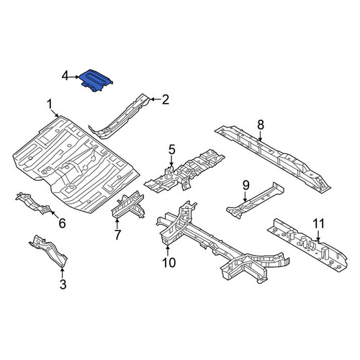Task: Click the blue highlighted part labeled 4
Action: point(96,80)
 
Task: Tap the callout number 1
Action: point(49,105)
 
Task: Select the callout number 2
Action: point(166,99)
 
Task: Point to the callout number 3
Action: point(63,284)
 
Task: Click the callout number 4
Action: point(66,76)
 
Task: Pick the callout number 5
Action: point(172,150)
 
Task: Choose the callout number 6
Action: point(62,223)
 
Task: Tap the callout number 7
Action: point(117,235)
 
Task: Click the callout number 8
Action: point(261,125)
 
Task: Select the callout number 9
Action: point(246,185)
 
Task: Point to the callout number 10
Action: point(169,263)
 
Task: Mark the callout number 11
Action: point(319,223)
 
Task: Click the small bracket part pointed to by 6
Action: point(33,203)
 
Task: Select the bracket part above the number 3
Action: point(48,250)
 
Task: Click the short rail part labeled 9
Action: point(255,200)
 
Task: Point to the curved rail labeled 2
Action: point(120,116)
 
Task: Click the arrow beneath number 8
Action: point(261,135)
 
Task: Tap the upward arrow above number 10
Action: point(168,251)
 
